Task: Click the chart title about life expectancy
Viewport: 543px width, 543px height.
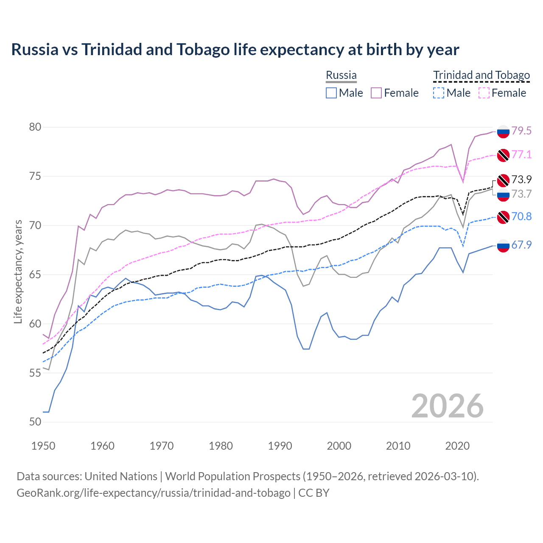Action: (235, 50)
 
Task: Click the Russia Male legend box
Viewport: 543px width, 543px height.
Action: (331, 93)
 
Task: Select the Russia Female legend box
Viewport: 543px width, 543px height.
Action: (376, 93)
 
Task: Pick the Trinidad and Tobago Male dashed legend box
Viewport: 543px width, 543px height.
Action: (439, 93)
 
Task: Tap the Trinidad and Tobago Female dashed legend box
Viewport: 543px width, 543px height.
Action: (484, 93)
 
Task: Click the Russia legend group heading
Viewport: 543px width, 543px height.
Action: (341, 76)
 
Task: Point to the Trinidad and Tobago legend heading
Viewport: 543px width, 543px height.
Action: (481, 76)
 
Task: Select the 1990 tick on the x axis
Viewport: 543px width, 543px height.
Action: (280, 446)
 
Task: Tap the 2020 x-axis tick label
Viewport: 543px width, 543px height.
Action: (457, 446)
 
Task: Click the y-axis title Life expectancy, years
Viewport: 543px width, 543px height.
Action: (18, 271)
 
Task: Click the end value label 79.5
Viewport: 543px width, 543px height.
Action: (521, 131)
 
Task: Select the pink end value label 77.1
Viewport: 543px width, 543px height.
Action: (521, 154)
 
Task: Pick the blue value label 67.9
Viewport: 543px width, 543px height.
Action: (521, 245)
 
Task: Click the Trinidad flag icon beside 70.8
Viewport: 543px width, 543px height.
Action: (503, 217)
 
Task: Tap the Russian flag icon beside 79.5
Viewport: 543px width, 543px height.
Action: (503, 132)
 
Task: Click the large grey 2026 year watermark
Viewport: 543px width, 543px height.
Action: (448, 406)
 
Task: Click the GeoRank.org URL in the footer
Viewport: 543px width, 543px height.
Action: (153, 493)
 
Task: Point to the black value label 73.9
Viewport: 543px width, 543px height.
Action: (521, 179)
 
